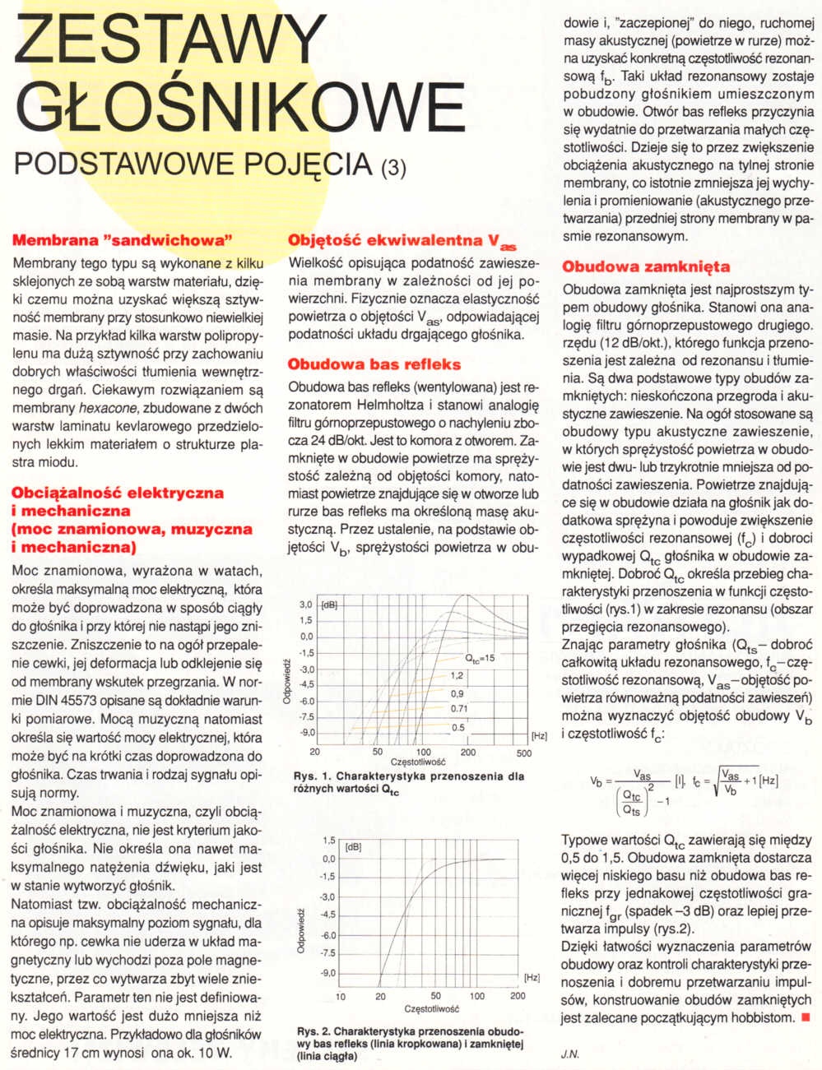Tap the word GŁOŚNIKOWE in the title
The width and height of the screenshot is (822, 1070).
pyautogui.click(x=239, y=108)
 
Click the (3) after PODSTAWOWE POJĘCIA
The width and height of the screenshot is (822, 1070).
pyautogui.click(x=393, y=168)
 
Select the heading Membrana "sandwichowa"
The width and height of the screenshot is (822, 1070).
pyautogui.click(x=118, y=241)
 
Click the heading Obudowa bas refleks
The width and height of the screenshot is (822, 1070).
pyautogui.click(x=374, y=364)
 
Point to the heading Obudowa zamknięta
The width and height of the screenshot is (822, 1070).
pyautogui.click(x=646, y=267)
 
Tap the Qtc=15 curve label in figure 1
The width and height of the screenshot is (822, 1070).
pyautogui.click(x=480, y=658)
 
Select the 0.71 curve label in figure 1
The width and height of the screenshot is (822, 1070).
pyautogui.click(x=459, y=708)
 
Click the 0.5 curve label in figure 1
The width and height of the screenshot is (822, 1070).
pyautogui.click(x=458, y=727)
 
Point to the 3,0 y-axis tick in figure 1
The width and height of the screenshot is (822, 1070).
pyautogui.click(x=306, y=604)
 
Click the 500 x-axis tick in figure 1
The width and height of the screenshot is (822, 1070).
pyautogui.click(x=524, y=753)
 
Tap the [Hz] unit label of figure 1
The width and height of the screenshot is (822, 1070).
pyautogui.click(x=539, y=735)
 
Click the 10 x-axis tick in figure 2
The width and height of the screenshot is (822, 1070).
pyautogui.click(x=341, y=997)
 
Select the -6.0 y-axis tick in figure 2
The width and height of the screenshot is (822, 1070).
pyautogui.click(x=328, y=935)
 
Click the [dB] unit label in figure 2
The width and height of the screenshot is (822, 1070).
pyautogui.click(x=354, y=845)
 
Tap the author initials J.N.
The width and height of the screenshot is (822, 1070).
pyautogui.click(x=570, y=1054)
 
